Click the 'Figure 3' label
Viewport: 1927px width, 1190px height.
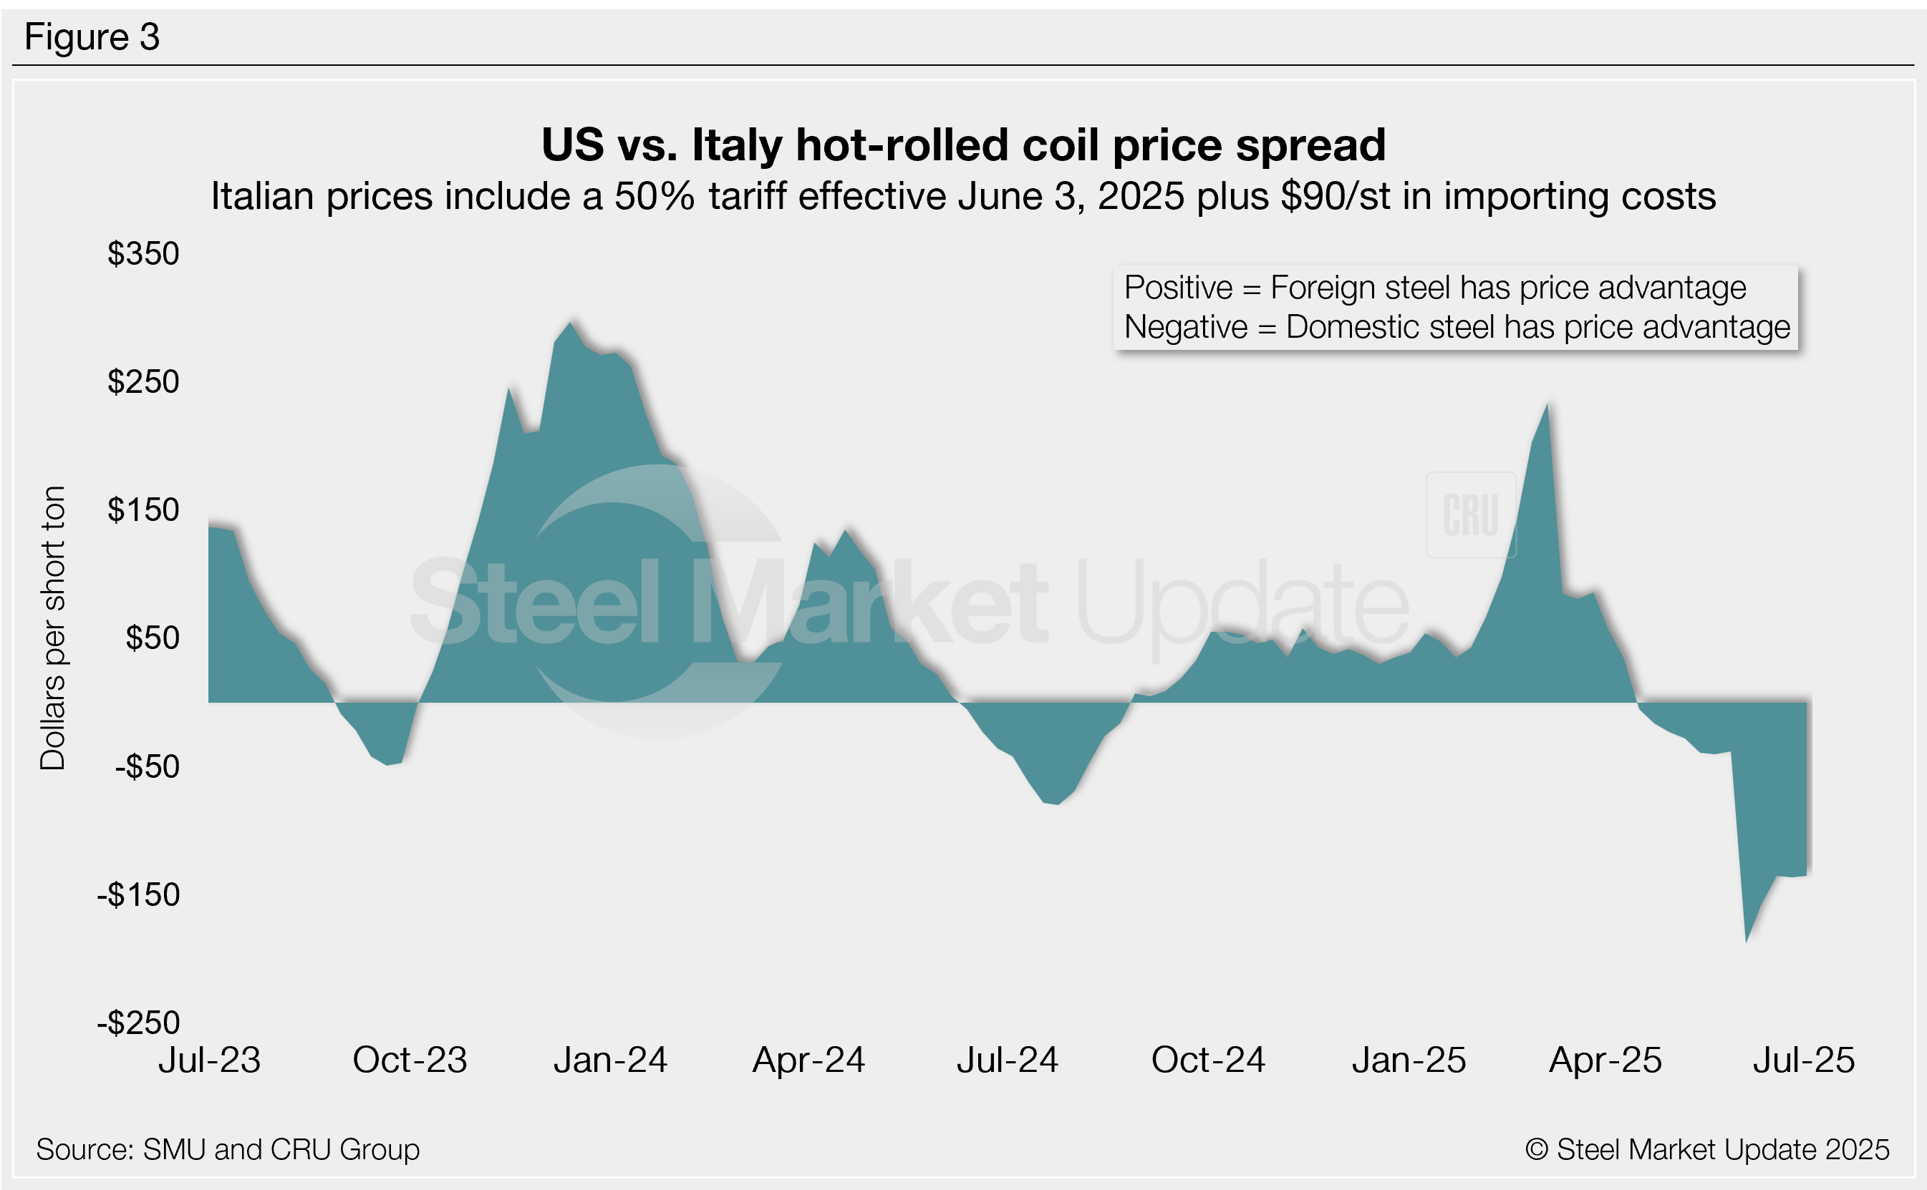[92, 37]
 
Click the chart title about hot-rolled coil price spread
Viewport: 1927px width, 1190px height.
[963, 145]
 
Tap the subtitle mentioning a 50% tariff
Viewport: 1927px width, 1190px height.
[963, 196]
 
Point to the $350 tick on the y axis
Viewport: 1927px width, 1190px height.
[143, 253]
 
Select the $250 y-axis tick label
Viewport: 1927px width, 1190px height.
[143, 381]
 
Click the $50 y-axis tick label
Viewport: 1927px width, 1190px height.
[152, 638]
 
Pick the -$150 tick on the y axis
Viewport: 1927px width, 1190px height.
[139, 895]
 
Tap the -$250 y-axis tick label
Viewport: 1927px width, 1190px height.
[139, 1023]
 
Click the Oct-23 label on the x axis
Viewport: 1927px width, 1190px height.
[410, 1060]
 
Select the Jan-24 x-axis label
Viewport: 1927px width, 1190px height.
[610, 1060]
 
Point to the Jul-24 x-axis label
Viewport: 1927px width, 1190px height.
[1008, 1060]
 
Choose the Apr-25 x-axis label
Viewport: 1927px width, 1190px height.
[1605, 1060]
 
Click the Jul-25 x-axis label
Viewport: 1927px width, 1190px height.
[1803, 1060]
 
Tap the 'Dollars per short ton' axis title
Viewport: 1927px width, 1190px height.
[53, 628]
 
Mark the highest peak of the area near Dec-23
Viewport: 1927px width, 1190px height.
[570, 323]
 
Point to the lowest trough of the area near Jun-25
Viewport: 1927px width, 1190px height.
[1746, 941]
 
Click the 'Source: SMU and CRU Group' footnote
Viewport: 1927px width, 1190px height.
[228, 1149]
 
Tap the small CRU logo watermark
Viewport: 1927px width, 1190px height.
[1470, 515]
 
